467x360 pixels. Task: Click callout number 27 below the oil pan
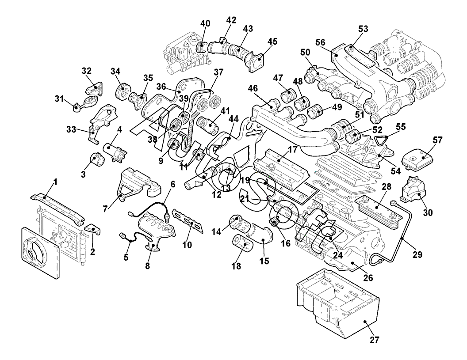coord(375,341)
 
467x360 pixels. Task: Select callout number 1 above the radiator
coord(55,182)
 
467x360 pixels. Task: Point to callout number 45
coord(272,42)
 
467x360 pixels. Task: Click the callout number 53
coord(363,29)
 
